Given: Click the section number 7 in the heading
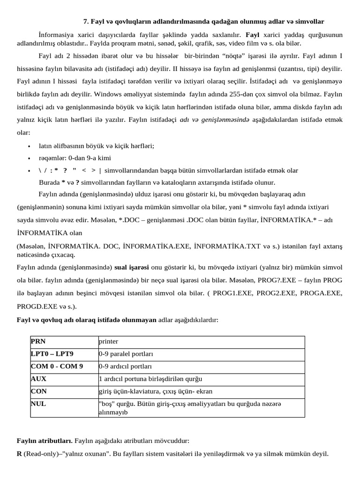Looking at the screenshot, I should pyautogui.click(x=86, y=22).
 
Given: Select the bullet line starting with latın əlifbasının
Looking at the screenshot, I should pyautogui.click(x=97, y=146).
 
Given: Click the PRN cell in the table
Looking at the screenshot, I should pyautogui.click(x=38, y=342).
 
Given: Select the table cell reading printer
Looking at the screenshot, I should pyautogui.click(x=108, y=342).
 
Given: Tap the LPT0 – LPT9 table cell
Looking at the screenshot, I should pyautogui.click(x=52, y=354).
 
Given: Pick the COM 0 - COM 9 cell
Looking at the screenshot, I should pyautogui.click(x=57, y=366).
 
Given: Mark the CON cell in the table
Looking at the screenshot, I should pyautogui.click(x=39, y=391).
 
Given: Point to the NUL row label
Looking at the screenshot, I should pyautogui.click(x=38, y=403).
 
